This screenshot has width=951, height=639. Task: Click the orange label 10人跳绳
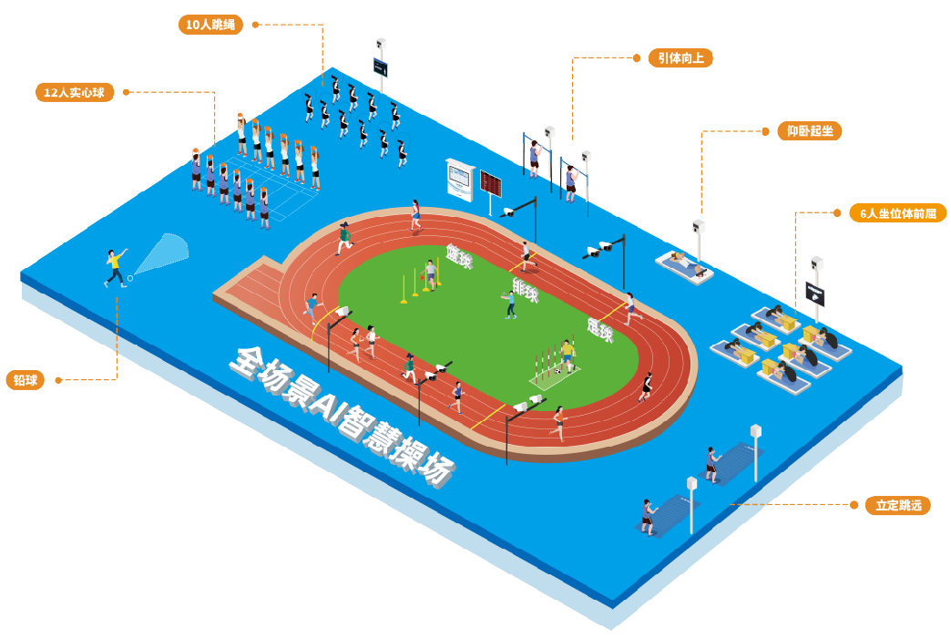pos(210,25)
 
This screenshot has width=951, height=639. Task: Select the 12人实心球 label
pos(75,92)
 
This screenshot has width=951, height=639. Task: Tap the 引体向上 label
pos(680,58)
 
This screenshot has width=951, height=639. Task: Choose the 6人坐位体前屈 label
pos(897,213)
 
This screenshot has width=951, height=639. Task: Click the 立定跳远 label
pos(897,505)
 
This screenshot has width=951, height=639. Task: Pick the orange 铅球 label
pos(25,380)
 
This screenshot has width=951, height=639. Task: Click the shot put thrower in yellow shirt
pos(115,268)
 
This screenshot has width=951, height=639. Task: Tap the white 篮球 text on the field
pos(459,257)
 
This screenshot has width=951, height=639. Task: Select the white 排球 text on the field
pos(526,291)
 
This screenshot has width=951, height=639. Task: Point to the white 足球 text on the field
pos(599,330)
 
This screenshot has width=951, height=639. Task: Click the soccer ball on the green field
pos(559,371)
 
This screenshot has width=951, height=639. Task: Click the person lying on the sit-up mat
pos(684,263)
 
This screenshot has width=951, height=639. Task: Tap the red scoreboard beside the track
pos(492,183)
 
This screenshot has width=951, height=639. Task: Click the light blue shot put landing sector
pos(164,253)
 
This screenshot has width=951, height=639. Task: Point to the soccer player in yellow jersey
pos(568,355)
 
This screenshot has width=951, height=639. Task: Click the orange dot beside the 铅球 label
pos(56,380)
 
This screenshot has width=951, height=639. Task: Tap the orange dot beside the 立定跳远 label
pos(854,504)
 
